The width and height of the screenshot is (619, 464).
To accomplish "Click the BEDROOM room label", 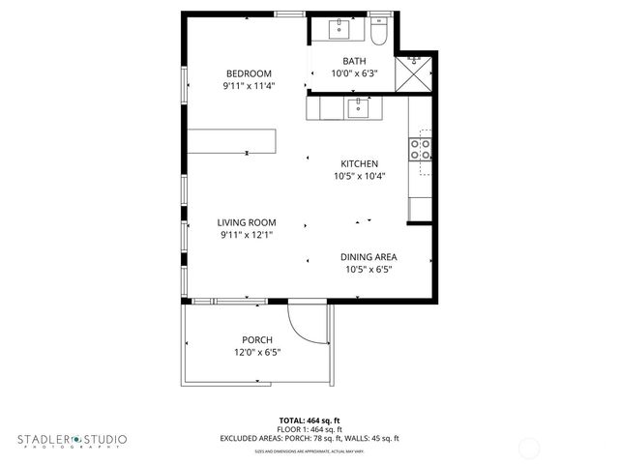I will (x=249, y=73).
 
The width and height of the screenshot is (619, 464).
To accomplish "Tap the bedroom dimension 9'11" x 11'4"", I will (x=249, y=85).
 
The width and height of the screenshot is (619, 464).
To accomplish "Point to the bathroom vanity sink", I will (x=340, y=30).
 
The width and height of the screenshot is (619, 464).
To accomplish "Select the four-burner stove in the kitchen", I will (x=421, y=149).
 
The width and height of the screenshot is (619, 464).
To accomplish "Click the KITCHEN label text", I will (x=359, y=163).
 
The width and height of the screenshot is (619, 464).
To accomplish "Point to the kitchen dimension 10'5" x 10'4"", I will (x=359, y=176).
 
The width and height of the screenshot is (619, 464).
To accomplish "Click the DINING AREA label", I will (x=368, y=257).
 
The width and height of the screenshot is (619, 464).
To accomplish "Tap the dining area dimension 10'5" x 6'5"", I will (x=368, y=270).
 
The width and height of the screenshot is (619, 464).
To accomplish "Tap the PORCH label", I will (x=257, y=339).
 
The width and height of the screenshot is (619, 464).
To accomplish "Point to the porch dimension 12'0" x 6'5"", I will (x=257, y=352).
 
